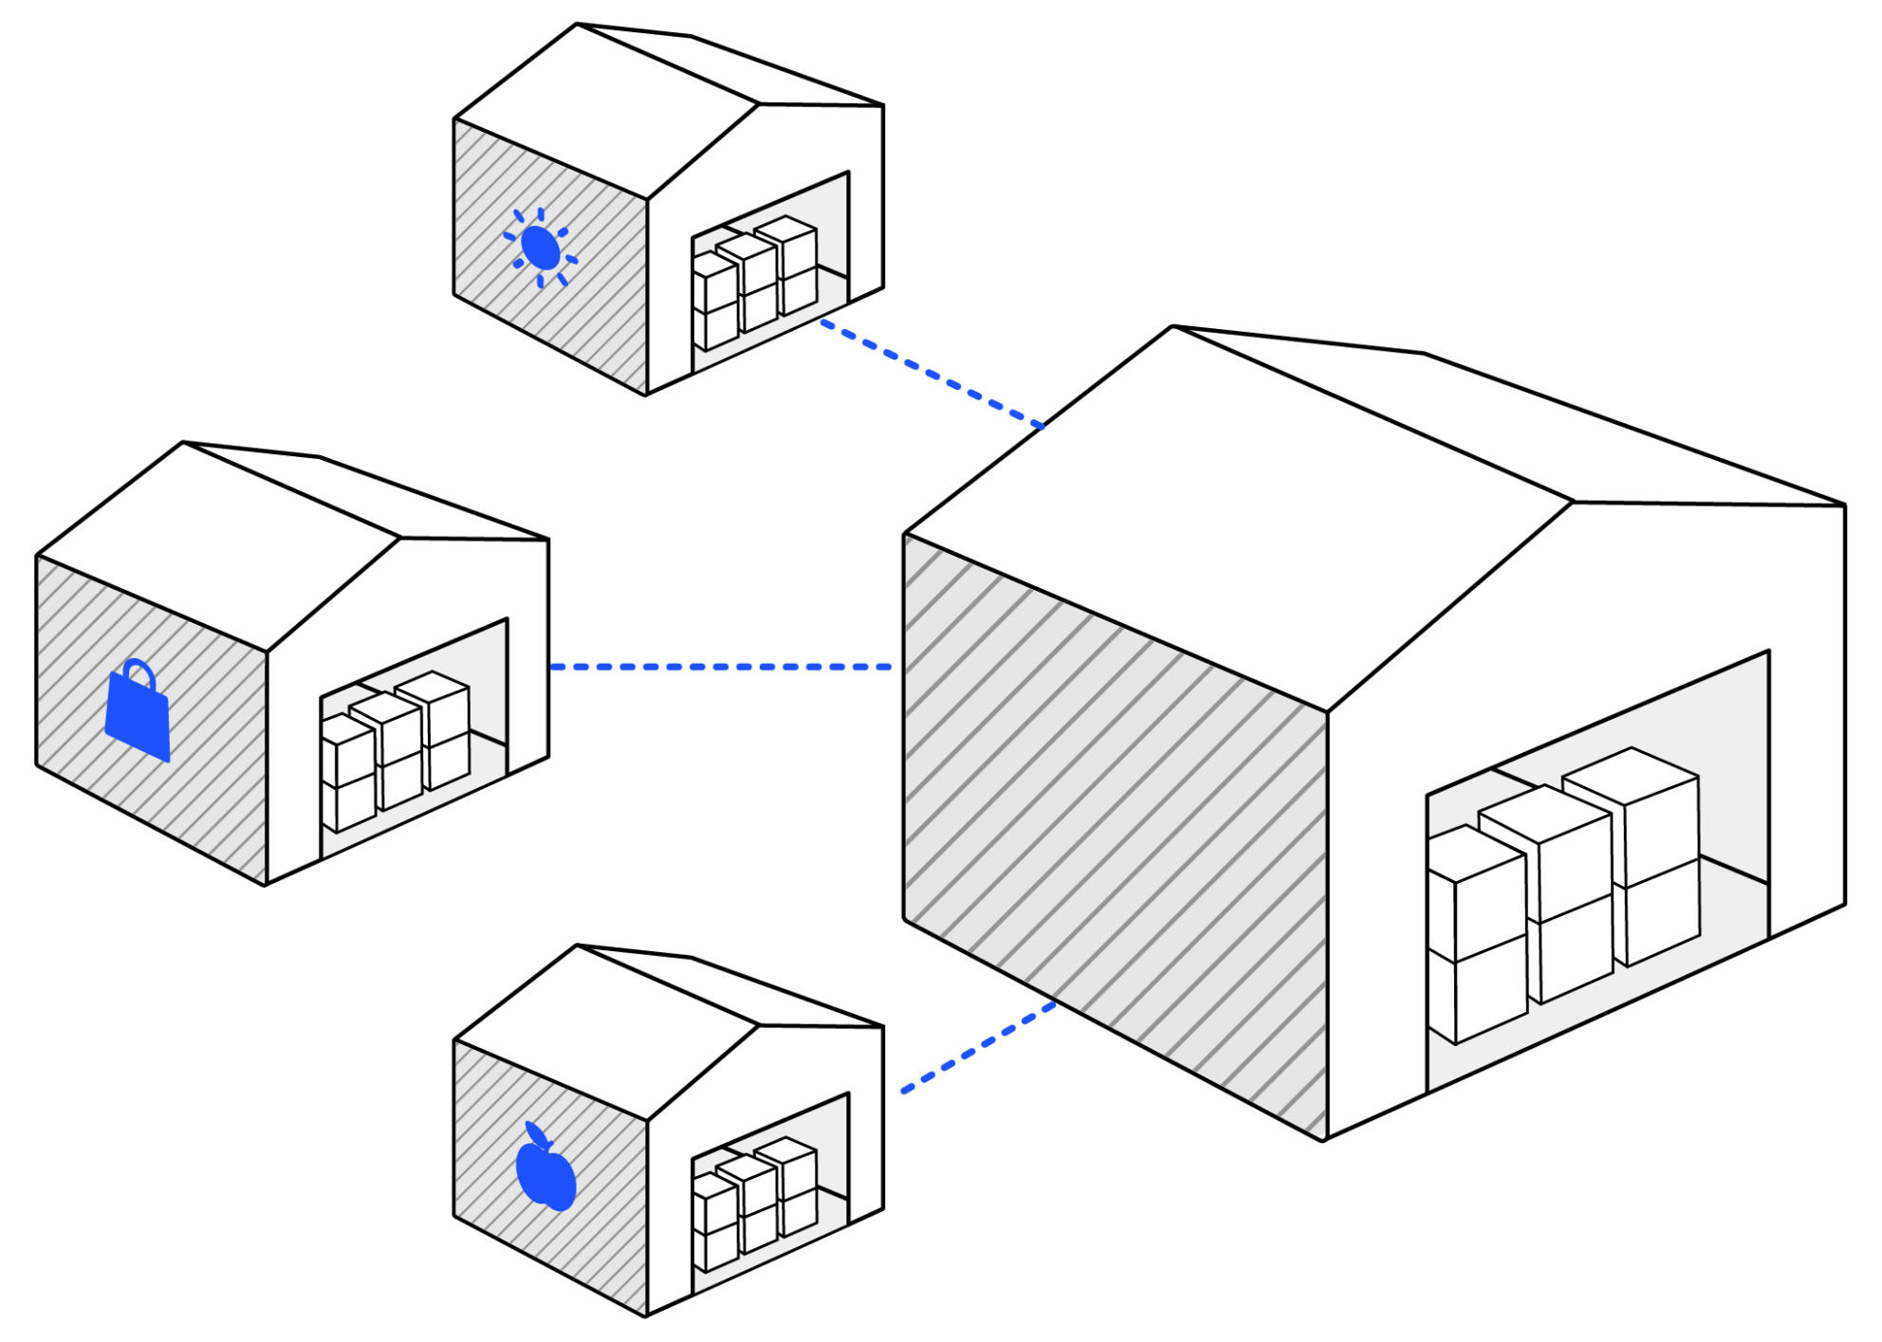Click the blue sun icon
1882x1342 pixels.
(x=540, y=248)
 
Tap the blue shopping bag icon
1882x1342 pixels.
(x=138, y=717)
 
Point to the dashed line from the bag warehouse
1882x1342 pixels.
(x=720, y=667)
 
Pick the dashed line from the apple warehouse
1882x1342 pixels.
(x=978, y=1047)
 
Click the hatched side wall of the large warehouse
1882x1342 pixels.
(x=1115, y=835)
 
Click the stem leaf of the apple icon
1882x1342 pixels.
(x=535, y=1134)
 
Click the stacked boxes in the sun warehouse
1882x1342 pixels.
(x=755, y=280)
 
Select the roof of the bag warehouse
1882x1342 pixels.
(x=218, y=545)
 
